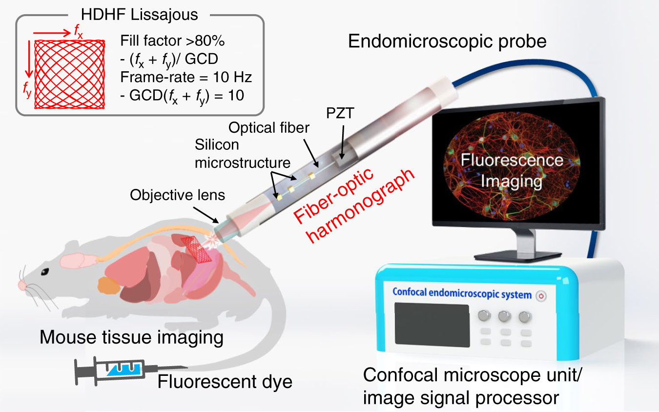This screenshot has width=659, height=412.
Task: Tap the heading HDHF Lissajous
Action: pos(140,14)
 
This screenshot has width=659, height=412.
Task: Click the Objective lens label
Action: pos(178,195)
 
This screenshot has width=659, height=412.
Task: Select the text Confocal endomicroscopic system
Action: pos(461,295)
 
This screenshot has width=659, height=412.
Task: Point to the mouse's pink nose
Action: pos(22,285)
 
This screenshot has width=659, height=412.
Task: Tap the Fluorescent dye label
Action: pos(225,381)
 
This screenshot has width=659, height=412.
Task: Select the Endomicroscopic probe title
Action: pos(447,41)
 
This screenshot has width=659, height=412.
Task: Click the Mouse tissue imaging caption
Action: pos(132,337)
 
